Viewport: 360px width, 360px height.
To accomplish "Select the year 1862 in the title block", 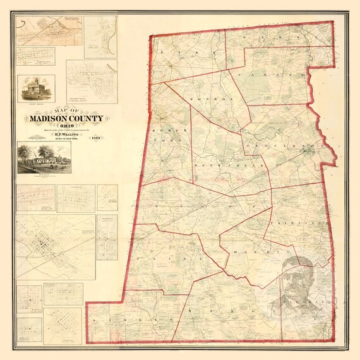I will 96,138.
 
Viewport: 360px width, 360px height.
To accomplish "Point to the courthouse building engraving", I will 34,88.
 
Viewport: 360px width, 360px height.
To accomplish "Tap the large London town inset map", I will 54,243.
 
